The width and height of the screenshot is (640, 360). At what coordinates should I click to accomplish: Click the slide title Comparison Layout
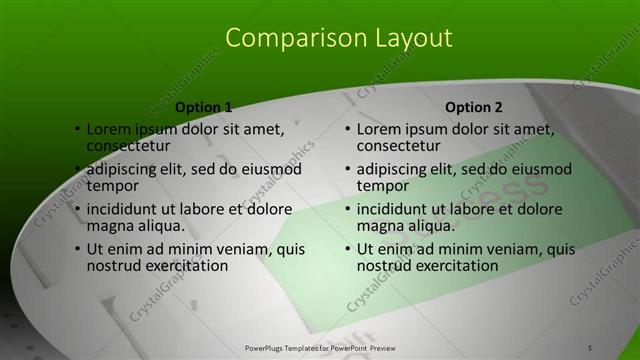tap(338, 38)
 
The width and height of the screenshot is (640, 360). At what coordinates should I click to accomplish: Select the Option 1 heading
tap(204, 107)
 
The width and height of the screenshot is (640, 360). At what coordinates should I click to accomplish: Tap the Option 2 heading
tap(474, 107)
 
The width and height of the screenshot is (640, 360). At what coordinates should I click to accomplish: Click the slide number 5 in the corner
tap(590, 347)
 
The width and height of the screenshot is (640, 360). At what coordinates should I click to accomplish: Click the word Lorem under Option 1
tap(109, 129)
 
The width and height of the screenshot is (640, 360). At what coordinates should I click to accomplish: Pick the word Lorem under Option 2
tap(379, 129)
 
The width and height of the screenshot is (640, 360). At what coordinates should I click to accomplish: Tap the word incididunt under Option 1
tap(126, 210)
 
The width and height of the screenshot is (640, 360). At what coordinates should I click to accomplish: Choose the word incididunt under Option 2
tap(396, 210)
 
